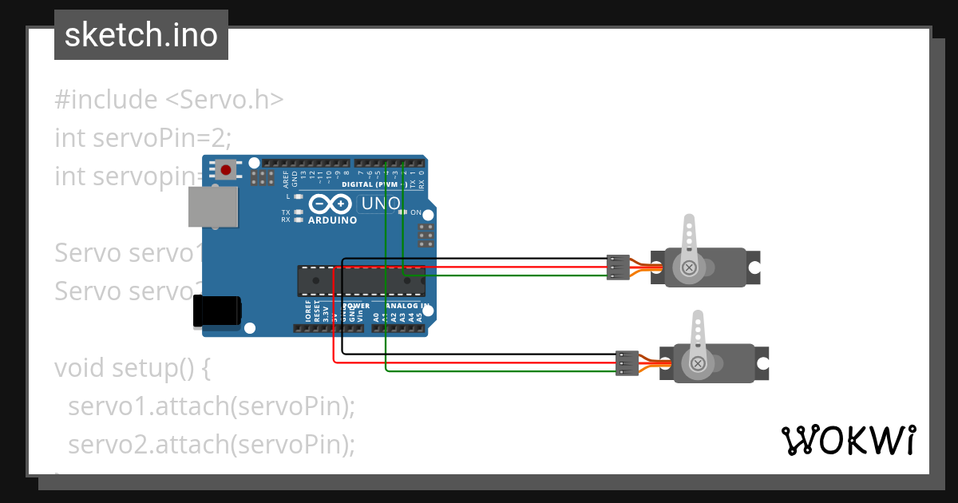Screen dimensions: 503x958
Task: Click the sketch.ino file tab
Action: (x=141, y=35)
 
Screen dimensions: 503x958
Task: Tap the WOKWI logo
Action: (x=848, y=440)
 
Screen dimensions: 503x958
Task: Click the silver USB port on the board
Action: (x=213, y=207)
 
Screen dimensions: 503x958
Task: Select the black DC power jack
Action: (x=217, y=310)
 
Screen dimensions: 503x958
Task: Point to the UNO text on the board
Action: (x=381, y=204)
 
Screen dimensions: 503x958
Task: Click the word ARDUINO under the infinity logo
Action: (x=333, y=220)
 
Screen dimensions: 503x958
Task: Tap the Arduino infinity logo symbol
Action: (x=331, y=204)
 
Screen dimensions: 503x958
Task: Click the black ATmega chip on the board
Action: (x=361, y=279)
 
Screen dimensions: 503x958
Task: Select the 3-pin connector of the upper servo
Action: (x=617, y=267)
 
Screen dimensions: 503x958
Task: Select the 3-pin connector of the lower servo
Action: (x=627, y=363)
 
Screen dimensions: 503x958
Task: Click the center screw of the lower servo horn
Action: (x=699, y=364)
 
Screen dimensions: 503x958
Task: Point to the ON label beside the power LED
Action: (x=415, y=212)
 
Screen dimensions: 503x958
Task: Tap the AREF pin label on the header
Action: (x=286, y=177)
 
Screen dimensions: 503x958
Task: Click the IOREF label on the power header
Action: (x=307, y=311)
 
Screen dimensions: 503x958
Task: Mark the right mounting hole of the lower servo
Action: (x=764, y=355)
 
